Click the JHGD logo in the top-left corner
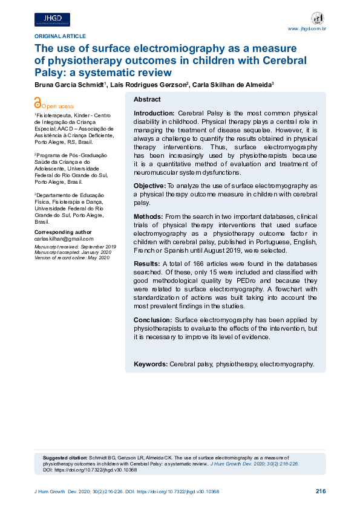click(x=52, y=19)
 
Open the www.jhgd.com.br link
click(x=307, y=29)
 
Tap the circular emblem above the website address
click(x=316, y=18)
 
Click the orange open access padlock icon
click(x=38, y=105)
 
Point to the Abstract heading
click(x=147, y=99)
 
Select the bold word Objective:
click(x=149, y=186)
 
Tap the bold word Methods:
click(x=148, y=216)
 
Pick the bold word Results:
click(x=146, y=264)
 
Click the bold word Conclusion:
click(x=153, y=319)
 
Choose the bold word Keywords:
click(x=151, y=365)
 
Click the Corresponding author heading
click(x=63, y=232)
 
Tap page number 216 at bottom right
click(x=321, y=491)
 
